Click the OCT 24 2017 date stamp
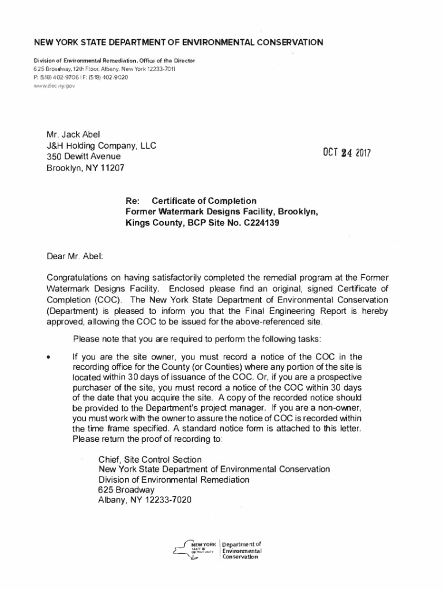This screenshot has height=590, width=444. point(346,154)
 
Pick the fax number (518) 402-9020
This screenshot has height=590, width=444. point(107,77)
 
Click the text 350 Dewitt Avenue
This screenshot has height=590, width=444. point(84,157)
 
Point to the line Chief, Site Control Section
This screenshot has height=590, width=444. point(150,459)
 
